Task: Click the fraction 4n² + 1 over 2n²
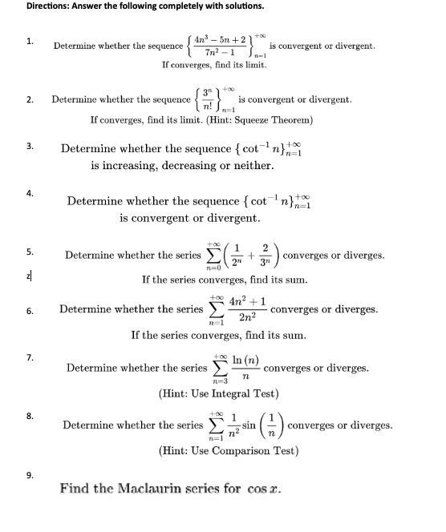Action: click(x=248, y=309)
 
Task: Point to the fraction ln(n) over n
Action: click(x=245, y=368)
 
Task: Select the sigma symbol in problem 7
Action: click(x=218, y=368)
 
